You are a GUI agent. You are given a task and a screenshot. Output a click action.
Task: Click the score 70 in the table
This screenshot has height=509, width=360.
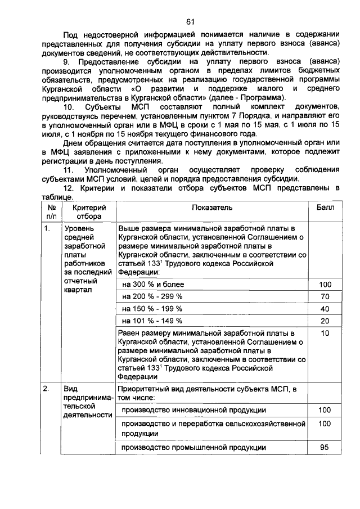point(325,296)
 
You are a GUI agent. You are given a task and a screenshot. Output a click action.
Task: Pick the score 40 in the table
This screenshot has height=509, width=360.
point(325,309)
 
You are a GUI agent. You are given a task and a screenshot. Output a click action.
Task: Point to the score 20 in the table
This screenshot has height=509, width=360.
point(325,321)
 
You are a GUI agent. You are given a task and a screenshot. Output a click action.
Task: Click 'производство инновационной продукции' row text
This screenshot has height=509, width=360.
point(193,410)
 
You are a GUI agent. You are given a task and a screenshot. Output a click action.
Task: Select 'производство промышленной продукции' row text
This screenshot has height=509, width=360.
point(193,448)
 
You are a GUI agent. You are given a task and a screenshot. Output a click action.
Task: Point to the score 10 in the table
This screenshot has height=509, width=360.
point(325,334)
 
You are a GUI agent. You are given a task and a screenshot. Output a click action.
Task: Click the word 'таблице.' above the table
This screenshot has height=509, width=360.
point(57,197)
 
